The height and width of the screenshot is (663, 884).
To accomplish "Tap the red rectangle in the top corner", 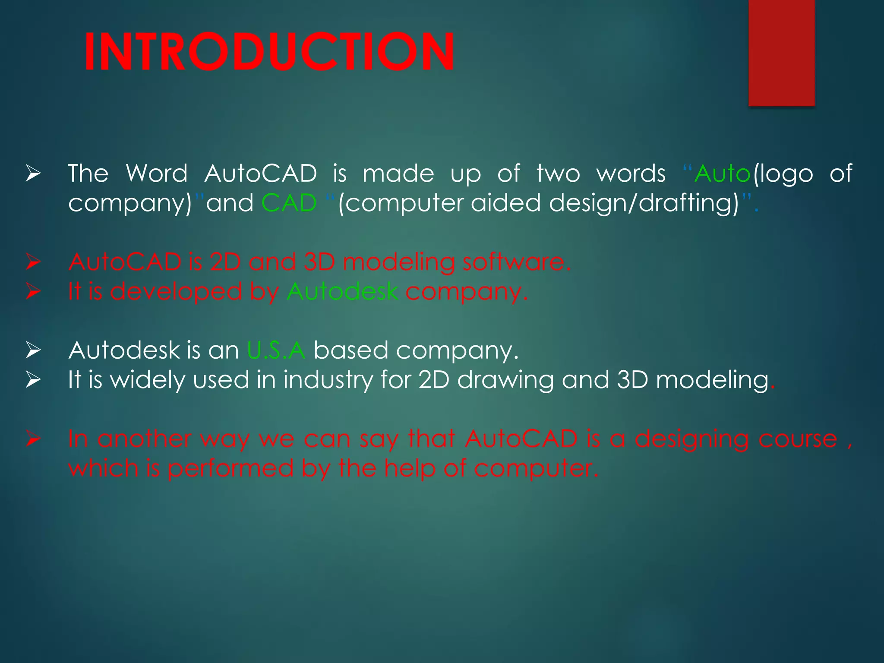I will [x=781, y=53].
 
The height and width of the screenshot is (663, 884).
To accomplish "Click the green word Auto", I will [x=723, y=174].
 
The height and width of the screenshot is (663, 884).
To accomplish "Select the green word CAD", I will [x=289, y=203].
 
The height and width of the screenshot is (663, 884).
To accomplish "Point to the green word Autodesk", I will [x=342, y=291].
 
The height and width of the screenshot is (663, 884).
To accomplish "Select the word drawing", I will [x=505, y=380].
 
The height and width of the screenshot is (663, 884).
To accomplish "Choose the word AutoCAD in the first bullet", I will [x=261, y=174].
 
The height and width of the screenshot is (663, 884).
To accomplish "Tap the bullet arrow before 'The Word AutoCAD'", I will [x=33, y=174].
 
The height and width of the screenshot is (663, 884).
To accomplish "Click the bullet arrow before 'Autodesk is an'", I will [x=33, y=350].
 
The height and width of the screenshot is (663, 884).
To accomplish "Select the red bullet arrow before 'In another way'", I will [x=33, y=439].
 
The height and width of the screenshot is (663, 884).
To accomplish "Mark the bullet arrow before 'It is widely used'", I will [x=33, y=380].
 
